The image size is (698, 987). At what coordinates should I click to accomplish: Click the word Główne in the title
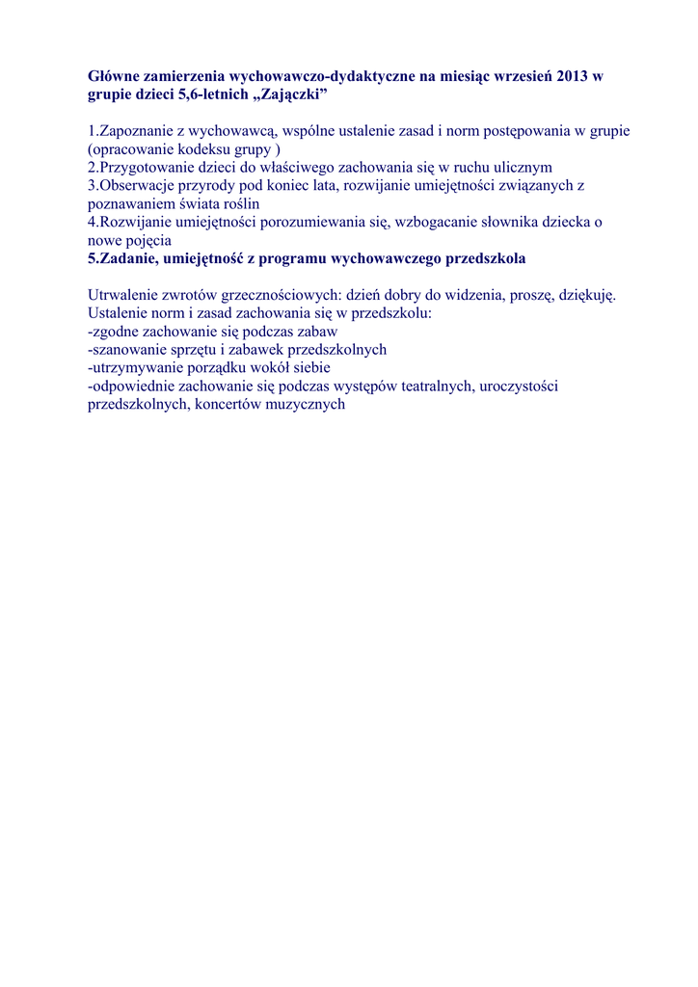113,76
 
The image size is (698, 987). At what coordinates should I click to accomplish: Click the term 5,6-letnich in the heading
205,96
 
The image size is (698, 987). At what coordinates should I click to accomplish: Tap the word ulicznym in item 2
523,168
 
